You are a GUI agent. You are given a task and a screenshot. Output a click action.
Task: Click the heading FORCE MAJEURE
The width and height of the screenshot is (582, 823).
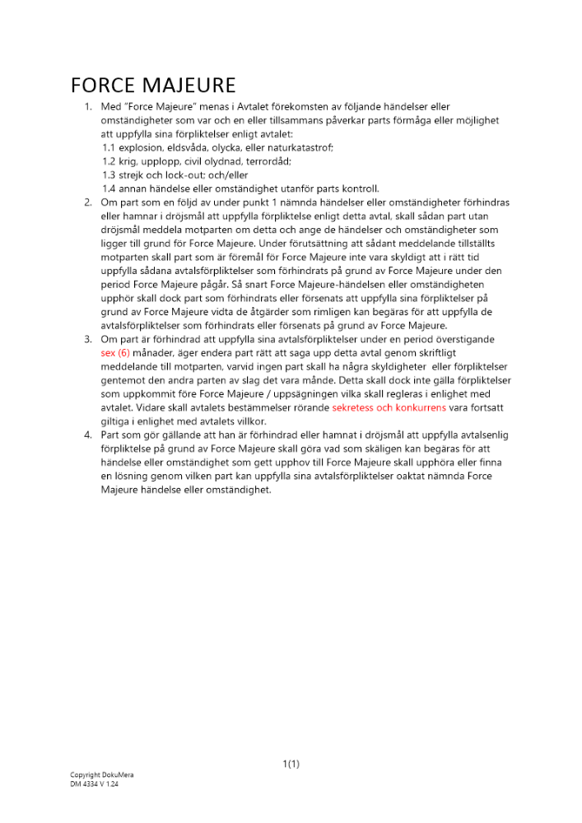[153, 86]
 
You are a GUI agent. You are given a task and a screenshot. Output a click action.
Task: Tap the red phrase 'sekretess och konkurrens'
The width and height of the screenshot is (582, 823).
[389, 407]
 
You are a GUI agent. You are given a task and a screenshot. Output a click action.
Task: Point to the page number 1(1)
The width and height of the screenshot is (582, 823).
[291, 764]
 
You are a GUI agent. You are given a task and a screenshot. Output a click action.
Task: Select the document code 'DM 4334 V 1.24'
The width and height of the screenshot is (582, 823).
[95, 784]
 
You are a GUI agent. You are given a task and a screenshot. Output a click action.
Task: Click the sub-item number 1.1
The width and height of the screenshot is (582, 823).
[108, 147]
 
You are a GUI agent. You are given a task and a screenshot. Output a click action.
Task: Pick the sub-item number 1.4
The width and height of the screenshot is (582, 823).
[108, 188]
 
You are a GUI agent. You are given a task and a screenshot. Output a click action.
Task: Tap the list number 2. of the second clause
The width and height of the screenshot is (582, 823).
[88, 202]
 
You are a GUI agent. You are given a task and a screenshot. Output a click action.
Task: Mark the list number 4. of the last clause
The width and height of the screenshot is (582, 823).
[88, 435]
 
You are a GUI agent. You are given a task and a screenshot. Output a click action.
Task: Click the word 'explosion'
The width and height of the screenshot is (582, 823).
[140, 147]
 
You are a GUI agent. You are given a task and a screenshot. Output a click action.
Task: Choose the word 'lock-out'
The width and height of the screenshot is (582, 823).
[173, 175]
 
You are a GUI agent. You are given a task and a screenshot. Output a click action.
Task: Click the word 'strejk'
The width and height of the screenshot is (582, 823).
[131, 175]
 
